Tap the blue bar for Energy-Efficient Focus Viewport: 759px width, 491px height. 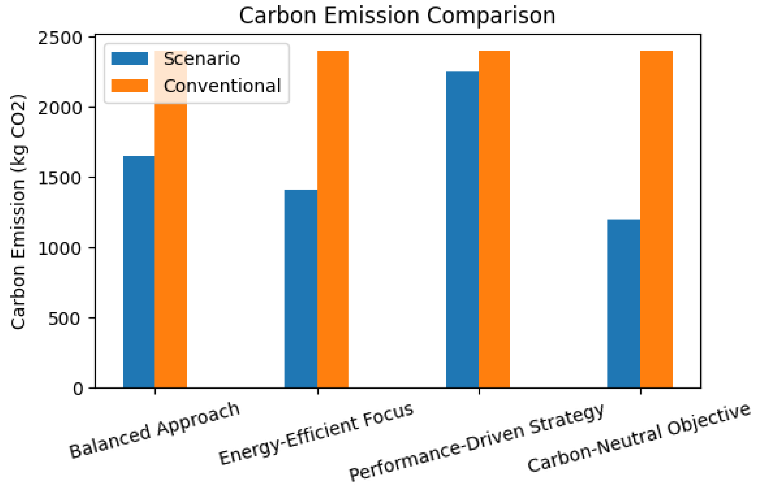301,289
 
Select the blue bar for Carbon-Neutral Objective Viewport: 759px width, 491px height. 623,304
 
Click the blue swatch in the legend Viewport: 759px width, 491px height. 129,59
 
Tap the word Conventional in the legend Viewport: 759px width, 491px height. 222,86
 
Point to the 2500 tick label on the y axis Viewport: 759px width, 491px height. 60,38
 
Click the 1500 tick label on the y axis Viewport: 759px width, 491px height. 60,178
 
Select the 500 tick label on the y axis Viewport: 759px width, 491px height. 64,319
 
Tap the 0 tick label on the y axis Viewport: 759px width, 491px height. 78,389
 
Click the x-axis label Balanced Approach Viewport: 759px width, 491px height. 155,431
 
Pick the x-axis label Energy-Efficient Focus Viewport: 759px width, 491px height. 316,434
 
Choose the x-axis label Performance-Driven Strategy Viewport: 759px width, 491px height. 477,442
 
